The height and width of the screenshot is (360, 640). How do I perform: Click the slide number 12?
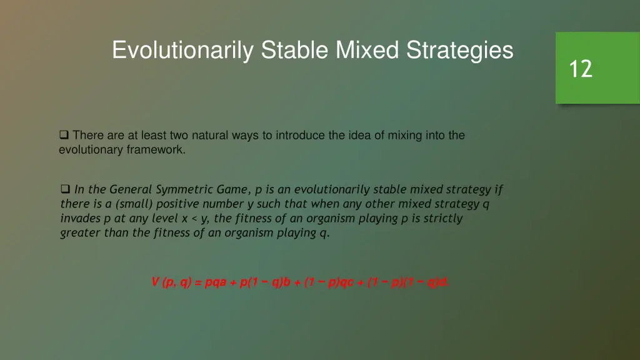tap(581, 69)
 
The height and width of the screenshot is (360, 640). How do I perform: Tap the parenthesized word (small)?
tap(133, 204)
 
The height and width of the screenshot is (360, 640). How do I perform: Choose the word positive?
tap(177, 204)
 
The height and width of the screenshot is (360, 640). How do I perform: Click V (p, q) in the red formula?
tap(171, 282)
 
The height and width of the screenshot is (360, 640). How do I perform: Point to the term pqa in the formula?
tap(216, 282)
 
